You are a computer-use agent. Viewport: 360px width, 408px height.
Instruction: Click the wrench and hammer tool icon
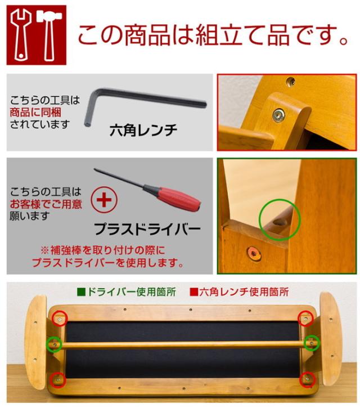[36, 35]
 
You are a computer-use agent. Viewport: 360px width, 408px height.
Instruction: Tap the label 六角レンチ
[143, 131]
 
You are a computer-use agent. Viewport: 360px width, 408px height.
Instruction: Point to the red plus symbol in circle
[103, 201]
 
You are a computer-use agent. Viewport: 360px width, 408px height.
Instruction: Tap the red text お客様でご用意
[45, 203]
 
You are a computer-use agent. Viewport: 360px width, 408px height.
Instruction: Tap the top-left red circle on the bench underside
[59, 319]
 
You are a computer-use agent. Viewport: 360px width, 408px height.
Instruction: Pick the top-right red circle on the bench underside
[305, 319]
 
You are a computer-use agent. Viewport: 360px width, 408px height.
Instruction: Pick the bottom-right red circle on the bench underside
[307, 378]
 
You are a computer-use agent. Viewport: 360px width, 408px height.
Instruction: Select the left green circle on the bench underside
[54, 343]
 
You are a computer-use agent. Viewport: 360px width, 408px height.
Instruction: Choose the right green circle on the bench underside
[311, 342]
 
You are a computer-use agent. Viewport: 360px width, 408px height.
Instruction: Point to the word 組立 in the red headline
[217, 35]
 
